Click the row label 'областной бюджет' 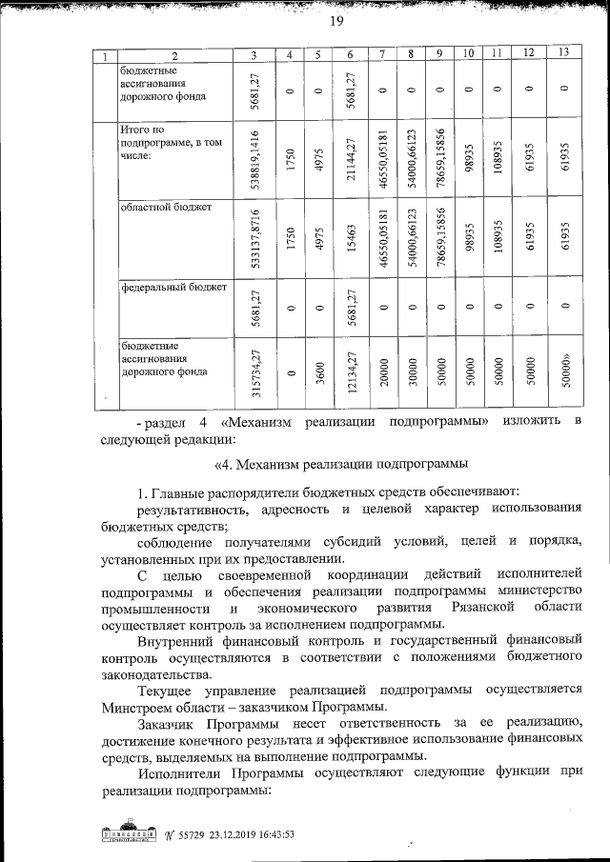point(159,205)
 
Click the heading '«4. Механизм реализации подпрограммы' point(342,465)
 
